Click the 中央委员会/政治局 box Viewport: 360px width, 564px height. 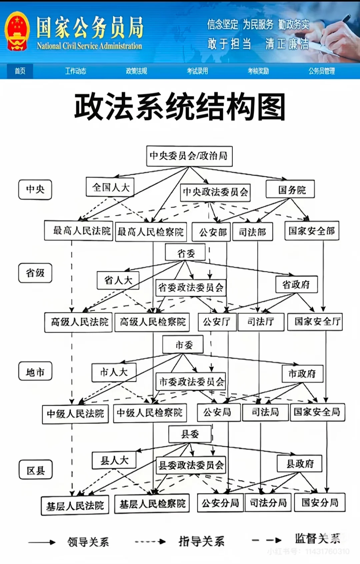coord(189,156)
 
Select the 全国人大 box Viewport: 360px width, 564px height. coord(110,187)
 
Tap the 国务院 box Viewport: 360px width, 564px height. coord(290,190)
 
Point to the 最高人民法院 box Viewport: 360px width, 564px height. coord(79,231)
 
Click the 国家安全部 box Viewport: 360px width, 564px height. coord(312,231)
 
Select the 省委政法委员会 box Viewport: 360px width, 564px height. coord(191,287)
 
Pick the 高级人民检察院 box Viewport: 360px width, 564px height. coord(152,322)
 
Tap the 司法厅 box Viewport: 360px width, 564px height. coord(261,322)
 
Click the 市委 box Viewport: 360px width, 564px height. coord(183,345)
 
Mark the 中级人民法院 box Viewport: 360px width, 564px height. coord(75,414)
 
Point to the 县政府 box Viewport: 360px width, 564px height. coord(299,463)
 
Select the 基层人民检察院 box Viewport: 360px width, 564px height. coord(152,504)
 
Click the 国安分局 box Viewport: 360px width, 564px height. coord(320,502)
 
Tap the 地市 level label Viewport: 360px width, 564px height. coord(35,372)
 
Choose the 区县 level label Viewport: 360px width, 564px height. coord(36,470)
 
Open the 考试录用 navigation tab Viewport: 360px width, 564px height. coord(197,71)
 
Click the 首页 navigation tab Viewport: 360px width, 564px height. coord(20,71)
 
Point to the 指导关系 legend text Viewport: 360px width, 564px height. coord(201,541)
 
